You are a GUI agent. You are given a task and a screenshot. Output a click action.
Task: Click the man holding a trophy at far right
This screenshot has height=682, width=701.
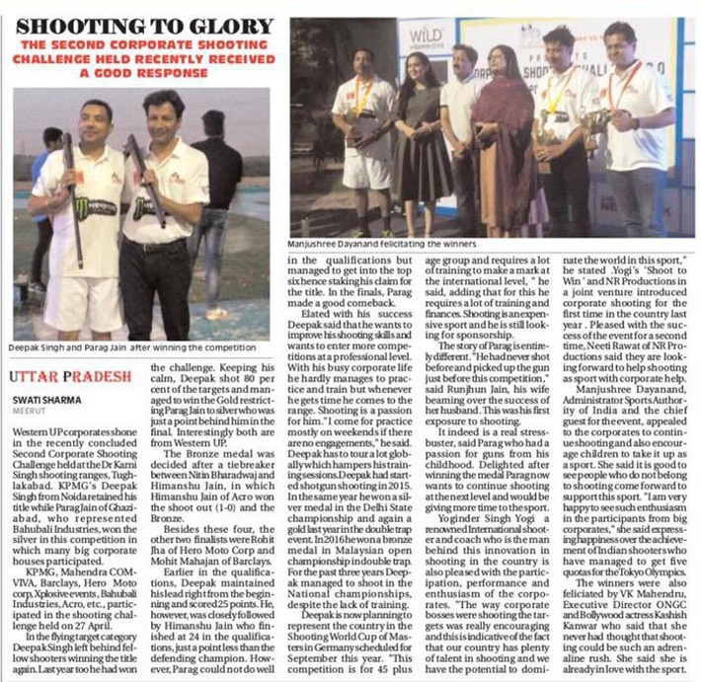[x=632, y=128]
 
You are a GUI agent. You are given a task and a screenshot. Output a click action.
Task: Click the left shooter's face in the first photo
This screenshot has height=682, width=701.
[x=97, y=120]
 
